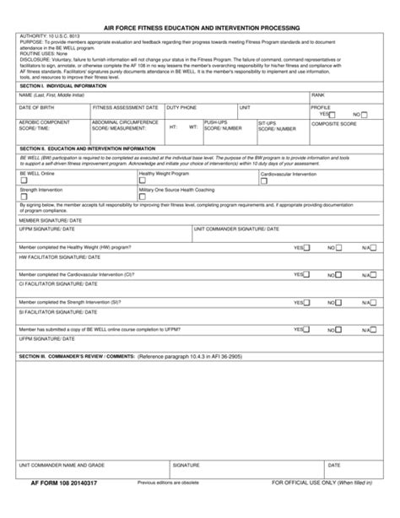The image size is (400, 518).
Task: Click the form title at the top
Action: tap(200, 27)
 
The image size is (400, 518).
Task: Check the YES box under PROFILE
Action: tap(332, 114)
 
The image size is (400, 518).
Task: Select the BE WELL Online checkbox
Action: tap(24, 179)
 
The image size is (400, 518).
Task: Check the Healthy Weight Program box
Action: tap(143, 179)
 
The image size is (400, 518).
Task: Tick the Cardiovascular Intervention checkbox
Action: tap(264, 179)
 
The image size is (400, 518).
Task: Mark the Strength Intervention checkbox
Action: tap(24, 197)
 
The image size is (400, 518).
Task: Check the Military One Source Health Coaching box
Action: tap(143, 197)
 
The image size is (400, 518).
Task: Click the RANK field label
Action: tap(318, 95)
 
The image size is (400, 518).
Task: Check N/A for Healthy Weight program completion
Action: tap(377, 248)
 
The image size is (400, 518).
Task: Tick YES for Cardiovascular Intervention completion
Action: tap(305, 274)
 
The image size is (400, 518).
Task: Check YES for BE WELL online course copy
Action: tap(305, 328)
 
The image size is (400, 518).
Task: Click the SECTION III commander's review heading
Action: tap(77, 356)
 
